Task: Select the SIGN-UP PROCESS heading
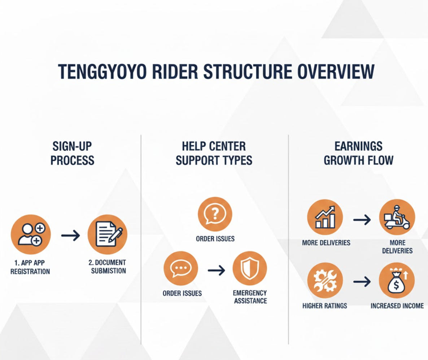[x=72, y=153]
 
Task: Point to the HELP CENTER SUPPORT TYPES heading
[x=214, y=153]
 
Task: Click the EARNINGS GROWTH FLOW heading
[x=358, y=153]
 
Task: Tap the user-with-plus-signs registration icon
[x=31, y=234]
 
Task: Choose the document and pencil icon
[x=108, y=234]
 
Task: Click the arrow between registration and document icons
[x=70, y=236]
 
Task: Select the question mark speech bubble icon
[x=215, y=214]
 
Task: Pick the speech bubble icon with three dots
[x=181, y=269]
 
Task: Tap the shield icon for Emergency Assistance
[x=250, y=269]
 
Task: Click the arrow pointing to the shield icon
[x=216, y=271]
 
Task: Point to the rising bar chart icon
[x=325, y=217]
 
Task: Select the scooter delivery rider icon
[x=397, y=217]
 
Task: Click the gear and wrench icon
[x=325, y=280]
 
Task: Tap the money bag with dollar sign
[x=397, y=280]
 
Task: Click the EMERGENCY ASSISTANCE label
[x=250, y=297]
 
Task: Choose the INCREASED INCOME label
[x=397, y=306]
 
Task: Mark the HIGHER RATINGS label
[x=325, y=306]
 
